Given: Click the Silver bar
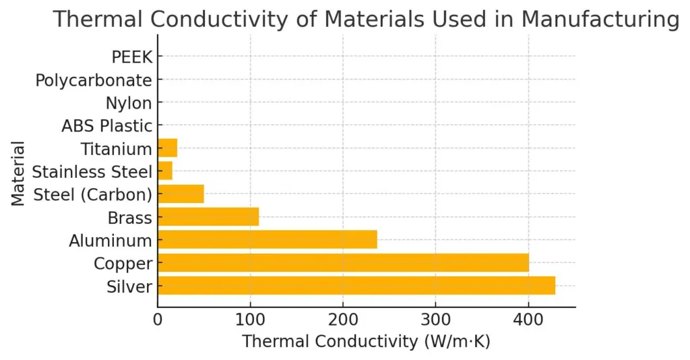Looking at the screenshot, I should tap(356, 285).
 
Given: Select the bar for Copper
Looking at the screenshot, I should tap(343, 262).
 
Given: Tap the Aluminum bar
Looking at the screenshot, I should tap(267, 239).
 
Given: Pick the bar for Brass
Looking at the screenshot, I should tap(208, 216).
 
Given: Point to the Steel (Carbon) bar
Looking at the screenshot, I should tap(181, 193).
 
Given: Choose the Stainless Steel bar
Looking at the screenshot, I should tap(165, 171).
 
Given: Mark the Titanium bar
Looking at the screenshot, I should tap(167, 148).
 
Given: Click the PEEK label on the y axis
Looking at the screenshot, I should tap(132, 57).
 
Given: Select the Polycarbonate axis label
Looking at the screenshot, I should tap(94, 81).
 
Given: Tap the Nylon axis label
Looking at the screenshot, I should tap(129, 103).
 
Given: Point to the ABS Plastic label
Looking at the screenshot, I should tap(106, 126).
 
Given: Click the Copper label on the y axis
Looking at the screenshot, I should tap(123, 263).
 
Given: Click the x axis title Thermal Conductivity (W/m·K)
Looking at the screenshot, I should tap(366, 342).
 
